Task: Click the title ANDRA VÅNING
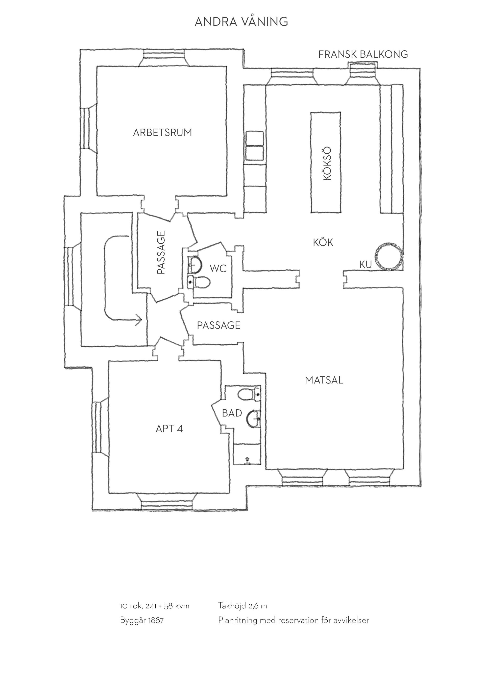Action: pos(241,21)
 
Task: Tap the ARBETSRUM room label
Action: pos(162,132)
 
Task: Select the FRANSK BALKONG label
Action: pos(363,54)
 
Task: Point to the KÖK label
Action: pos(323,242)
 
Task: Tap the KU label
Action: pos(366,265)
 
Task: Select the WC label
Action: pos(218,269)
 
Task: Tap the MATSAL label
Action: pos(324,380)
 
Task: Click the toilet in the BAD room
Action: pos(249,394)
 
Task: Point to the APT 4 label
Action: pos(169,429)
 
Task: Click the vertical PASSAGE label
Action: pos(161,252)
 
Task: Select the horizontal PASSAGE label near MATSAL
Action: pos(219,325)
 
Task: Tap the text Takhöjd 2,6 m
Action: pos(243,606)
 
